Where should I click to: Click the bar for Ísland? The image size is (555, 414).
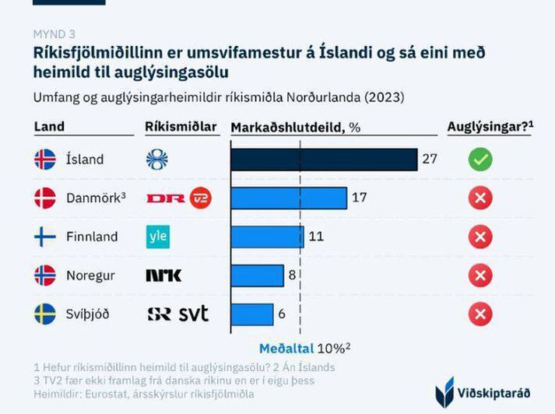coord(324,160)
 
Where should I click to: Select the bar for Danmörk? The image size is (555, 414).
coord(289,198)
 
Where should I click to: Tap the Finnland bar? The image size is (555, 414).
coord(267,237)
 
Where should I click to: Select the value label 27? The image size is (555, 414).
coord(430,160)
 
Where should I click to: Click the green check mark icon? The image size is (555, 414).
coord(480,160)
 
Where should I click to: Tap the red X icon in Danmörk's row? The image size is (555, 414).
coord(480,198)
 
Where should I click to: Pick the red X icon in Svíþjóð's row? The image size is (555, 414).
coord(480,314)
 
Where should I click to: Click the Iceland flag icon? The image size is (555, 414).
coord(45,160)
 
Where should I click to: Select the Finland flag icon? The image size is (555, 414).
coord(45,237)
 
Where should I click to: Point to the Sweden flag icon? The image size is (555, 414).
coord(45,314)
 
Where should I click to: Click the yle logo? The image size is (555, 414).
coord(158,237)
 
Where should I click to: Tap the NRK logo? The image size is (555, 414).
coord(163,275)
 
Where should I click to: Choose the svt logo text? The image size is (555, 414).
coord(194,314)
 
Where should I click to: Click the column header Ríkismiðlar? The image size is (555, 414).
coord(181,127)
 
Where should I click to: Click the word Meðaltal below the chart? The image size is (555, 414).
coord(286,348)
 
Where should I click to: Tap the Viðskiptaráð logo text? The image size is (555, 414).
coord(499,390)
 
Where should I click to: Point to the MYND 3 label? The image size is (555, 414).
coord(54,33)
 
